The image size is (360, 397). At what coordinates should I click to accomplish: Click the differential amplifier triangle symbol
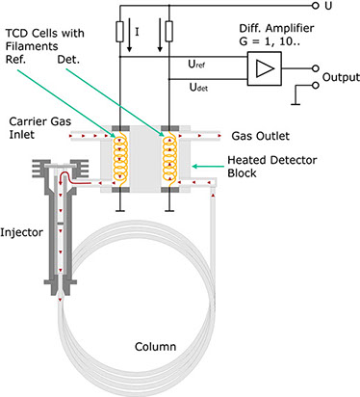point(265,68)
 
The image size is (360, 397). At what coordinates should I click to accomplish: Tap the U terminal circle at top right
point(316,6)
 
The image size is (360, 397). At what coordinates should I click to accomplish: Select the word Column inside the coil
point(155,347)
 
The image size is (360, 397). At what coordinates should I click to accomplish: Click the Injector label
point(21,232)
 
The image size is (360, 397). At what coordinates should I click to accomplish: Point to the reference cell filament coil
point(120,159)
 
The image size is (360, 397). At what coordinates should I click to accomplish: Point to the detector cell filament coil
point(169,159)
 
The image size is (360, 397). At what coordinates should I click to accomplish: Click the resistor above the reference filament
point(119,32)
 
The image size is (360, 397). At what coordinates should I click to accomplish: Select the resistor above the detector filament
point(169,32)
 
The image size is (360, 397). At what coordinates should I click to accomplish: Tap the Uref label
point(196,65)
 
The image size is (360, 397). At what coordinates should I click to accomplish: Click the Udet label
point(198,87)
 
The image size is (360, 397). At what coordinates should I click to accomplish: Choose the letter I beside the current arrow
point(137,32)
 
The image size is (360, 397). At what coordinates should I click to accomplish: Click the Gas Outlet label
point(261,136)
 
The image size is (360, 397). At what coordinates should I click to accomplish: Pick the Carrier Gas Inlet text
point(40,127)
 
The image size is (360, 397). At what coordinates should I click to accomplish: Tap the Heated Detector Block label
point(272,167)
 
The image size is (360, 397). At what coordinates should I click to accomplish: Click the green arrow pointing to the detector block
point(208,167)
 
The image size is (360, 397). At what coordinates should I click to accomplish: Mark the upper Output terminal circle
point(316,68)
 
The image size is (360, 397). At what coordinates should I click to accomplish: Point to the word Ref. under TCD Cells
point(15,60)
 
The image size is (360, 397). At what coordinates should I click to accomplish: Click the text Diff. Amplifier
point(276,28)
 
